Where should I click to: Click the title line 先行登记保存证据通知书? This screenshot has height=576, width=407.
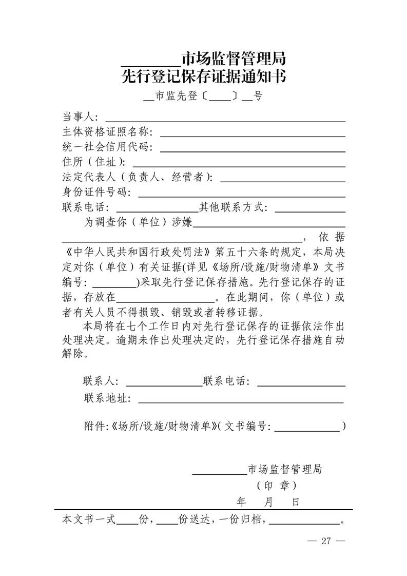[204, 77]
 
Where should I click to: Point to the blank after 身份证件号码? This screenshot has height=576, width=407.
[241, 195]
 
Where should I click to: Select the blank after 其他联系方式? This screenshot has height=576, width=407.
[310, 210]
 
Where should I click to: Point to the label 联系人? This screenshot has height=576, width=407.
[101, 381]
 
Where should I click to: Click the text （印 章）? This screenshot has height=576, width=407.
[276, 485]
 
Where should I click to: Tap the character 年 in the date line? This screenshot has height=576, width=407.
[242, 502]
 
